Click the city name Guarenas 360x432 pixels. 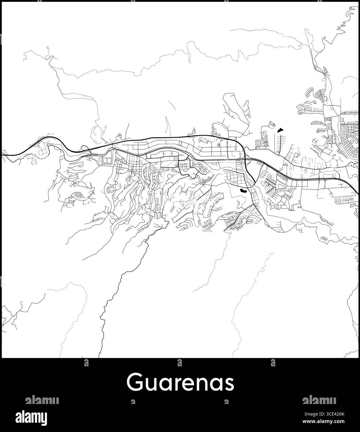pos(180,383)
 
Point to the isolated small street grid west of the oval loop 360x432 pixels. pos(78,195)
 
